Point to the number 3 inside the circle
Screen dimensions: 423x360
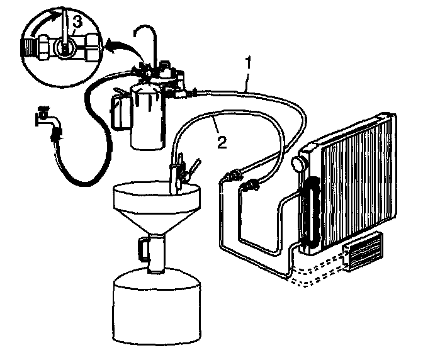coord(76,22)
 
